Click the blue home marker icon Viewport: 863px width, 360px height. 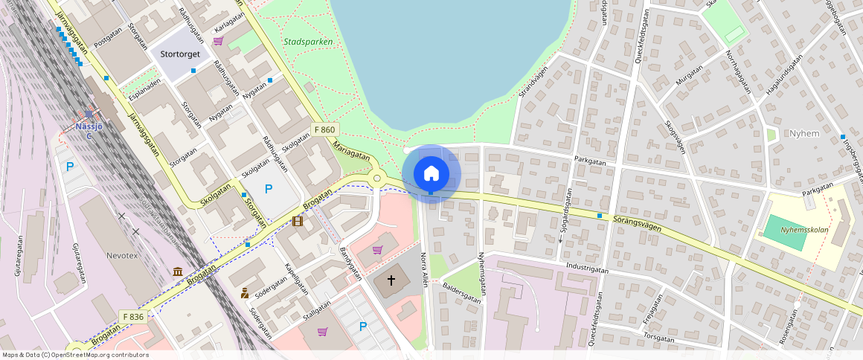coord(431,174)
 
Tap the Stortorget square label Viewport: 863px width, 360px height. coord(179,54)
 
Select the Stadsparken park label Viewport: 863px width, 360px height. coord(307,42)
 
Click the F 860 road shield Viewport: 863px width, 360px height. coord(325,129)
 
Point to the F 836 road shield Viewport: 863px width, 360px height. coord(132,317)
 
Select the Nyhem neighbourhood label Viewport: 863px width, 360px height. coord(805,133)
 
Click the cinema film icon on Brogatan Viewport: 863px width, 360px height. coord(298,221)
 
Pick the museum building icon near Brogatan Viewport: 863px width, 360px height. coord(178,272)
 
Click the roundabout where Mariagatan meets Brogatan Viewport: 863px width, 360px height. coord(377,179)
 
